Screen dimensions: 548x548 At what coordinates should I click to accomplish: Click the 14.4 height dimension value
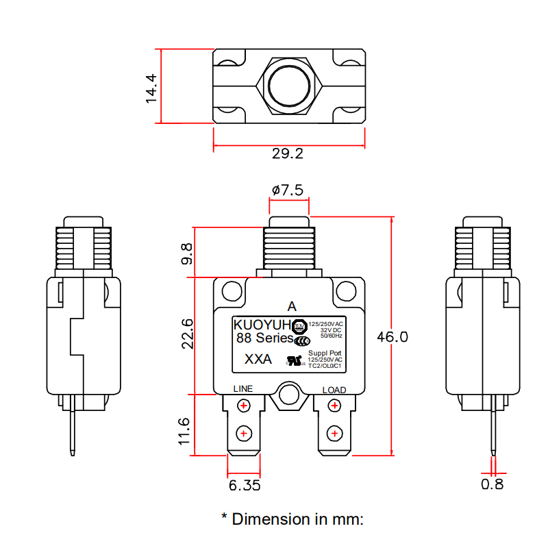pos(151,88)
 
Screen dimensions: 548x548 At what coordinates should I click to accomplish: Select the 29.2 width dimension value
pos(288,154)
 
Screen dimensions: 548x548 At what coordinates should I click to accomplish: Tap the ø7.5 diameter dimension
pos(288,190)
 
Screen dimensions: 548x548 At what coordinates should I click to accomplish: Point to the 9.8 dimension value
pos(186,256)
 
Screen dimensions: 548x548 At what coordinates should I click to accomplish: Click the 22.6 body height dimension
pos(186,334)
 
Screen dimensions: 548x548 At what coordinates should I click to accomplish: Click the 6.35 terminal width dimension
pos(245,485)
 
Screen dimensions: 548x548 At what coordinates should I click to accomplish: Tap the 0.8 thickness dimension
pos(492,484)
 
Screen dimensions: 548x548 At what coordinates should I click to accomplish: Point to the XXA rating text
pos(258,360)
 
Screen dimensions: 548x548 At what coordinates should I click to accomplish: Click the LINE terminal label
pos(243,389)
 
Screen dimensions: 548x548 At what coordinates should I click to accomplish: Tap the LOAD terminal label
pos(334,390)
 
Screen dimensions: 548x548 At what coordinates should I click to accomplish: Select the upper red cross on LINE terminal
pos(243,406)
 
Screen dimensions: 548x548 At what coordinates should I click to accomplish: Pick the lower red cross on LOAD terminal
pos(334,433)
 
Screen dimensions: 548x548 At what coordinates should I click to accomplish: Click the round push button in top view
pos(288,86)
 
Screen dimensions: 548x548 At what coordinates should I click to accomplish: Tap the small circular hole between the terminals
pos(288,394)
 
